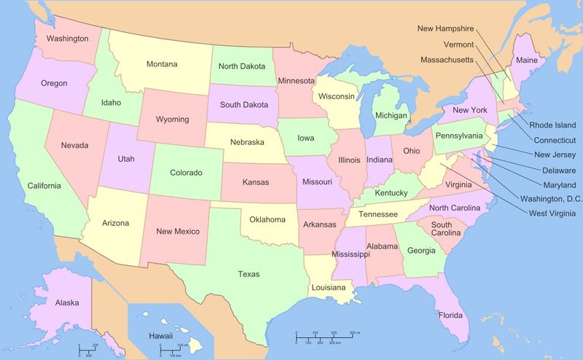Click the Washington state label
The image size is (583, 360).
click(68, 38)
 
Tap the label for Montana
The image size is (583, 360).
click(161, 64)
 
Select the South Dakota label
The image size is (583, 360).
click(244, 105)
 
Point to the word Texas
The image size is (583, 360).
click(249, 274)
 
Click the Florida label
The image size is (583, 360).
click(450, 316)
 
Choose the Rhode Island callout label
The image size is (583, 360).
click(552, 125)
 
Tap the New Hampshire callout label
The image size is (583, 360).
click(445, 28)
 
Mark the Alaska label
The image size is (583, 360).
click(67, 302)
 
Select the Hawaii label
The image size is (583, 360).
click(160, 336)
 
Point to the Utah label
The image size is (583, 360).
click(127, 158)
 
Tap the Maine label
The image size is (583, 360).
click(527, 60)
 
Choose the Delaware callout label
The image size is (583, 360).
click(558, 170)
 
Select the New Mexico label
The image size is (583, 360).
click(178, 232)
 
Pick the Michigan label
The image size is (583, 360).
click(391, 116)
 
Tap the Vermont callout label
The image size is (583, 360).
click(458, 44)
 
